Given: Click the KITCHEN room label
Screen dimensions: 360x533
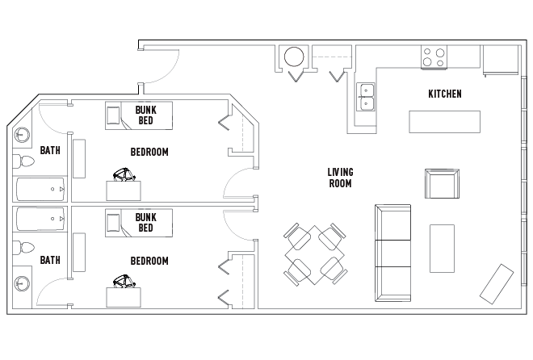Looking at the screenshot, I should point(444,94).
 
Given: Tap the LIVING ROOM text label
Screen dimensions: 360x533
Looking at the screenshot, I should point(340,178).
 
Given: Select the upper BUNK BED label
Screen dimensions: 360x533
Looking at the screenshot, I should point(145,115).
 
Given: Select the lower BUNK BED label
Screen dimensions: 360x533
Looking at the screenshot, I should point(145,222).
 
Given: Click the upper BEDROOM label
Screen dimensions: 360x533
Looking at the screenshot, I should point(149,152).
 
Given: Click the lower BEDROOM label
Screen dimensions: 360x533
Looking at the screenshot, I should point(149,261).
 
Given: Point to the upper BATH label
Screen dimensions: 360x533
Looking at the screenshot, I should point(50,150).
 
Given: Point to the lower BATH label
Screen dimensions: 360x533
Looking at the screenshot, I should point(50,260).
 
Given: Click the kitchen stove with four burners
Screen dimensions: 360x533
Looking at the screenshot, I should point(434,57).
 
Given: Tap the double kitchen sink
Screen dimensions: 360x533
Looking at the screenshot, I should point(367,96).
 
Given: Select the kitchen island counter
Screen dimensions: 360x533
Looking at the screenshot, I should point(443,122).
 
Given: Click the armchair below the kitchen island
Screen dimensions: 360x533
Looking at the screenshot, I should point(441,183).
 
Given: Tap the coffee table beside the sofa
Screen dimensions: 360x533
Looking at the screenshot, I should point(442,248).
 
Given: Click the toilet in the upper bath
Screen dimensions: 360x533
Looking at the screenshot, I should point(26,162).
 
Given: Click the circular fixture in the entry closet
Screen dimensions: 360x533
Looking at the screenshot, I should point(293,57).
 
